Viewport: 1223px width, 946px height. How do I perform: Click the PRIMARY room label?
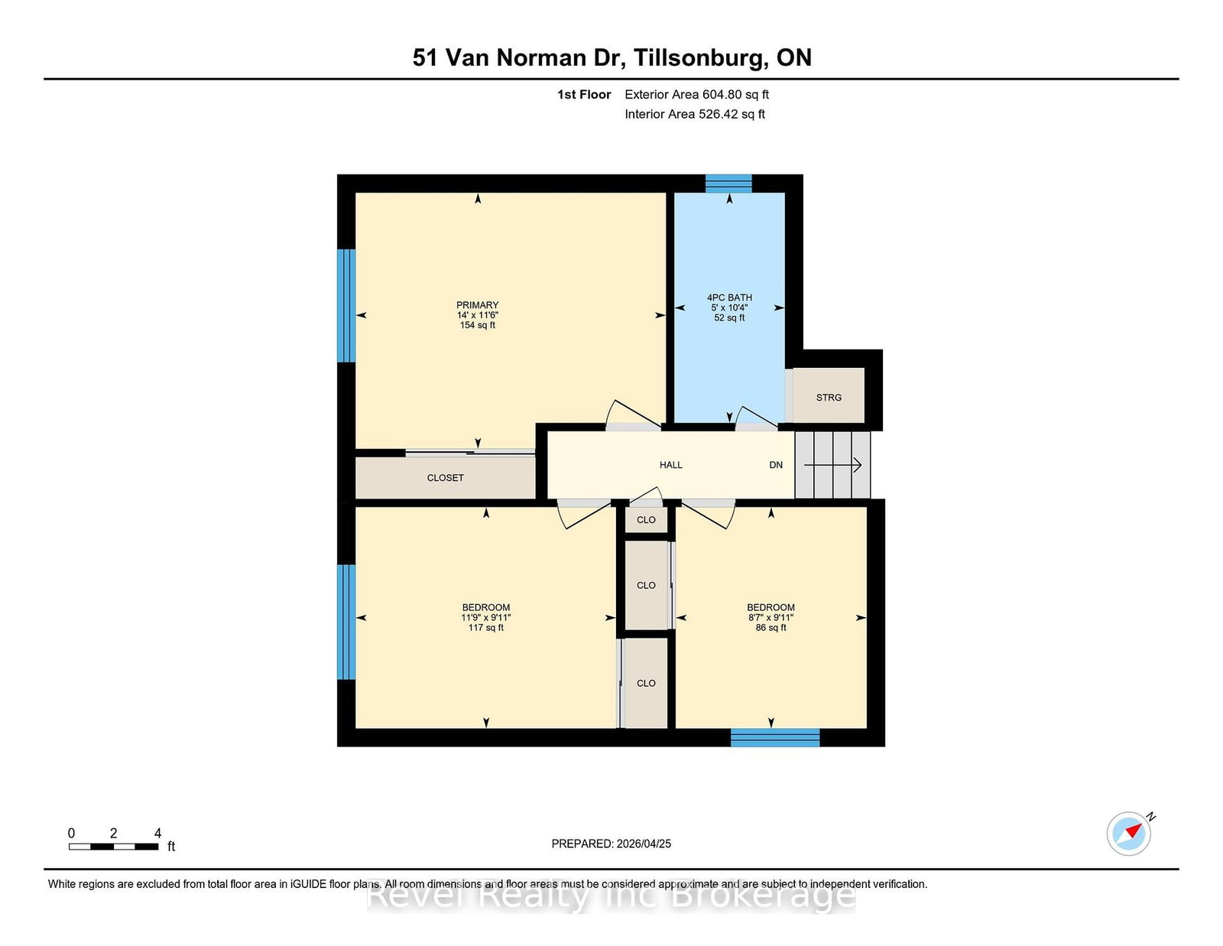pyautogui.click(x=477, y=304)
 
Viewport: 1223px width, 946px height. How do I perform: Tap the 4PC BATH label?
pyautogui.click(x=729, y=297)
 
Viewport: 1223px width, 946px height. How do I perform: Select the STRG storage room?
pyautogui.click(x=829, y=395)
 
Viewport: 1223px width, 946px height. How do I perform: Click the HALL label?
pyautogui.click(x=671, y=464)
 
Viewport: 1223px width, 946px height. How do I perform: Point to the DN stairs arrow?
pyautogui.click(x=832, y=465)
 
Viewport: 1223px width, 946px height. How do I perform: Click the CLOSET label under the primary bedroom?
pyautogui.click(x=445, y=477)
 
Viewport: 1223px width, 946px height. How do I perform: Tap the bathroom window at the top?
pyautogui.click(x=729, y=184)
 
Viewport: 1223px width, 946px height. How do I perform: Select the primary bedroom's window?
pyautogui.click(x=347, y=305)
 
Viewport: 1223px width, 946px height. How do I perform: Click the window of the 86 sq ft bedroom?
pyautogui.click(x=775, y=738)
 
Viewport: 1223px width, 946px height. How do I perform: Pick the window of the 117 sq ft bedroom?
pyautogui.click(x=347, y=623)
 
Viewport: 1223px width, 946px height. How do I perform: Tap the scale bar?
pyautogui.click(x=113, y=847)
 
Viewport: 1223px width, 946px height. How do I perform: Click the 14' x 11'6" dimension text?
pyautogui.click(x=477, y=315)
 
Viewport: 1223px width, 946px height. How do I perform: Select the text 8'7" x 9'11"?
pyautogui.click(x=770, y=617)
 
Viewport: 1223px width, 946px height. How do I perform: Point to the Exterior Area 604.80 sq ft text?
pyautogui.click(x=696, y=95)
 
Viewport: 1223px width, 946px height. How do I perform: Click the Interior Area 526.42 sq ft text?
pyautogui.click(x=695, y=114)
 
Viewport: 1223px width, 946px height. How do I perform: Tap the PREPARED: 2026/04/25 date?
pyautogui.click(x=611, y=844)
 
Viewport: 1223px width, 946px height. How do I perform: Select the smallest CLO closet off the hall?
pyautogui.click(x=646, y=519)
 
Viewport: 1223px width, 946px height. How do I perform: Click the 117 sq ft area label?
pyautogui.click(x=485, y=627)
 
